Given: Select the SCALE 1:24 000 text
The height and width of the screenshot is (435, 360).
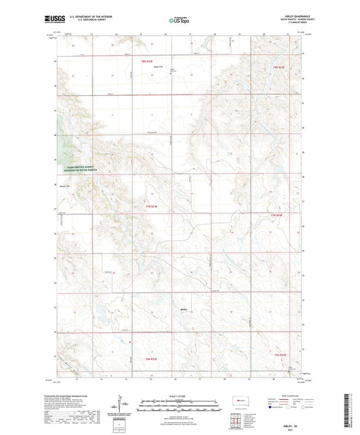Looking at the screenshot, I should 179,395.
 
